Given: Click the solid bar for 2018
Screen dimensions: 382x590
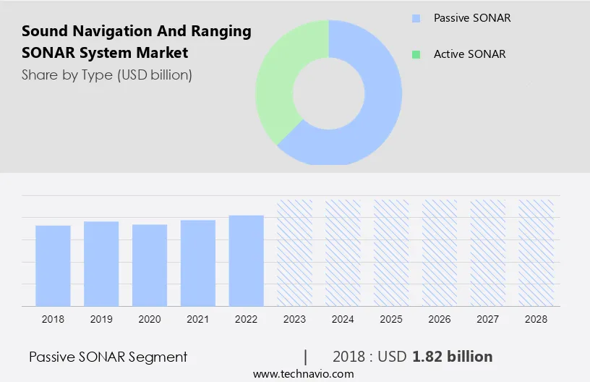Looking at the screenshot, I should pyautogui.click(x=53, y=266).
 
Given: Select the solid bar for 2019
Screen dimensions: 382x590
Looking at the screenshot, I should pyautogui.click(x=101, y=263).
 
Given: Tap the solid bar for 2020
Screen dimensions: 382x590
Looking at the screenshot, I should pyautogui.click(x=150, y=265).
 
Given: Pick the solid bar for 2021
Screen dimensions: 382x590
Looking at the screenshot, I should pyautogui.click(x=198, y=263).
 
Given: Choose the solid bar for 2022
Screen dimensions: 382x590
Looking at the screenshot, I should pyautogui.click(x=247, y=260).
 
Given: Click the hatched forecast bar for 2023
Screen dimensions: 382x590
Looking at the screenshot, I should pyautogui.click(x=295, y=252).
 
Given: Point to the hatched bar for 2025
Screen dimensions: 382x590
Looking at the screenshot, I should pyautogui.click(x=391, y=252).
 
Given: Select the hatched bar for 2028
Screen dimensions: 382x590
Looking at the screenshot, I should pyautogui.click(x=536, y=252).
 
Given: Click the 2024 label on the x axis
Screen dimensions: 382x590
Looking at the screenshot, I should pyautogui.click(x=343, y=319).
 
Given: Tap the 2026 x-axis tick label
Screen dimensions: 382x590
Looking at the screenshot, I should pyautogui.click(x=440, y=319).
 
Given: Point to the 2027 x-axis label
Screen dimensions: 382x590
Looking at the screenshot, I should pyautogui.click(x=488, y=319).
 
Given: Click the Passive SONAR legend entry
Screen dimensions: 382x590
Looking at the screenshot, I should pyautogui.click(x=471, y=18).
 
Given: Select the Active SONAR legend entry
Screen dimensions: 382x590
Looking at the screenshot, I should pyautogui.click(x=469, y=54).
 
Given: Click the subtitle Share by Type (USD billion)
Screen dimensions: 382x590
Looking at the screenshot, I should pyautogui.click(x=107, y=75).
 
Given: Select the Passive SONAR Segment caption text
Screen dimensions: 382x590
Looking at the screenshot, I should pyautogui.click(x=108, y=357).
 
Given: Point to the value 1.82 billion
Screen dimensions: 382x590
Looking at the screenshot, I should pyautogui.click(x=453, y=357).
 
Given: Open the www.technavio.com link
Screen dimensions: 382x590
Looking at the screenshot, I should pyautogui.click(x=304, y=374).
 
